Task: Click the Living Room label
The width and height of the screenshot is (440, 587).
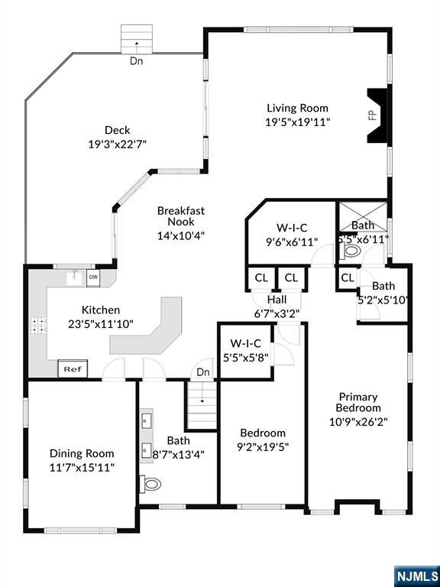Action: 297,109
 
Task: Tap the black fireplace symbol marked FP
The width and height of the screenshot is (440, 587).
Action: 379,115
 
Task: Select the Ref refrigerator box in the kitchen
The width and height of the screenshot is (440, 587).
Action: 73,368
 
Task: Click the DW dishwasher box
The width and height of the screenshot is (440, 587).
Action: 93,277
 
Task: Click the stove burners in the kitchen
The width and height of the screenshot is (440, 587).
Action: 38,326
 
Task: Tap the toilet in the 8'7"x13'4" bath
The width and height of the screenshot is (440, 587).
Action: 150,484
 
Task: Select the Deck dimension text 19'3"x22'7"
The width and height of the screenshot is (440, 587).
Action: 117,144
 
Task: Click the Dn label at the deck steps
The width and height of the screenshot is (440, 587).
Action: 136,60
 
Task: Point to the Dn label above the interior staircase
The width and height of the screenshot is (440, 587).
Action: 202,372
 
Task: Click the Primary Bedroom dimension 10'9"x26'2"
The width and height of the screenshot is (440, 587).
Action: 358,422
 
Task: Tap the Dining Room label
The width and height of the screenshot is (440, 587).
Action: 82,453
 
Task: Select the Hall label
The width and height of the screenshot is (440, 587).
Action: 277,300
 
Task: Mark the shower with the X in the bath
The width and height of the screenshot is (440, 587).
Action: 362,217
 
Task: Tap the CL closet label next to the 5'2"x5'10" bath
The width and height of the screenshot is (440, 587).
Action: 348,277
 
